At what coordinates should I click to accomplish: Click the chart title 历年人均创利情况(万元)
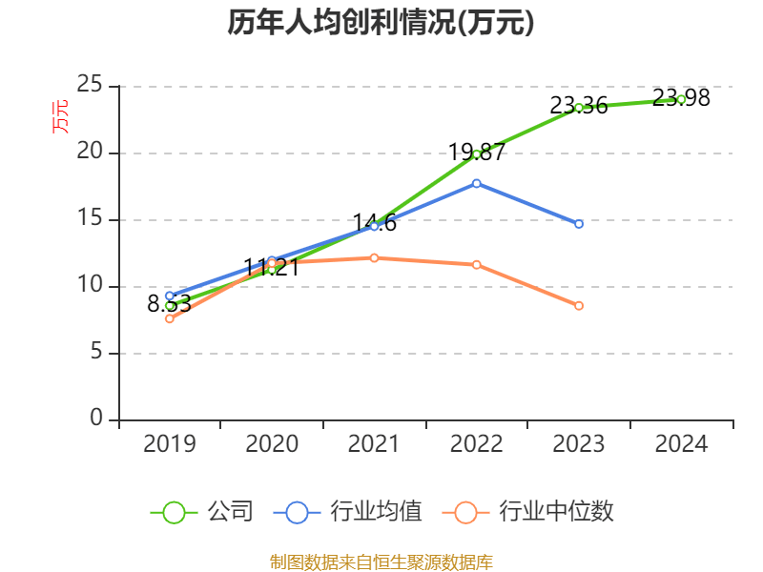click(381, 23)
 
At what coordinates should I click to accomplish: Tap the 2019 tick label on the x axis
click(170, 443)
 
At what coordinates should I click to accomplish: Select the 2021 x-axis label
click(374, 443)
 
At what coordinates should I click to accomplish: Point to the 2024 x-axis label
click(681, 443)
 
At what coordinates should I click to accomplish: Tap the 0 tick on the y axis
click(97, 419)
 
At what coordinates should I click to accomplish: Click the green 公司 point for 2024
click(681, 99)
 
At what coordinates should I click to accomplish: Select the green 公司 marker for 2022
click(477, 154)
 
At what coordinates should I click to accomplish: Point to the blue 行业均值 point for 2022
click(477, 183)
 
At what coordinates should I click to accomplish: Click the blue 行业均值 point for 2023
click(579, 224)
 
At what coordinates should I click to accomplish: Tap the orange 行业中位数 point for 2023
click(579, 306)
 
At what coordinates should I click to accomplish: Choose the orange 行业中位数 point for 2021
click(374, 257)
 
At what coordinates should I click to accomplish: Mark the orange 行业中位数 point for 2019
click(170, 318)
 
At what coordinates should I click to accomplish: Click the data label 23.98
click(681, 97)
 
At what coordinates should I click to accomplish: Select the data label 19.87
click(477, 152)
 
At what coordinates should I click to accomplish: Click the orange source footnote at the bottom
click(381, 562)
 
